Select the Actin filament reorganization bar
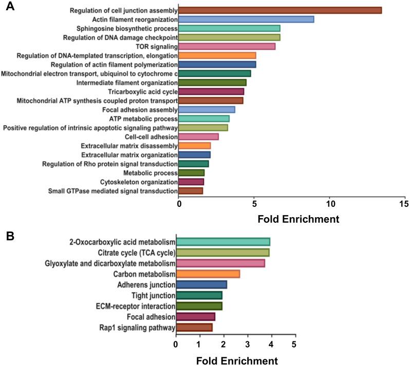click(246, 20)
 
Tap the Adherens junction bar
click(201, 284)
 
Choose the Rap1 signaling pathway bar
click(194, 328)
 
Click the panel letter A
click(9, 8)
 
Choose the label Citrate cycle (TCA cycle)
click(137, 252)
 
